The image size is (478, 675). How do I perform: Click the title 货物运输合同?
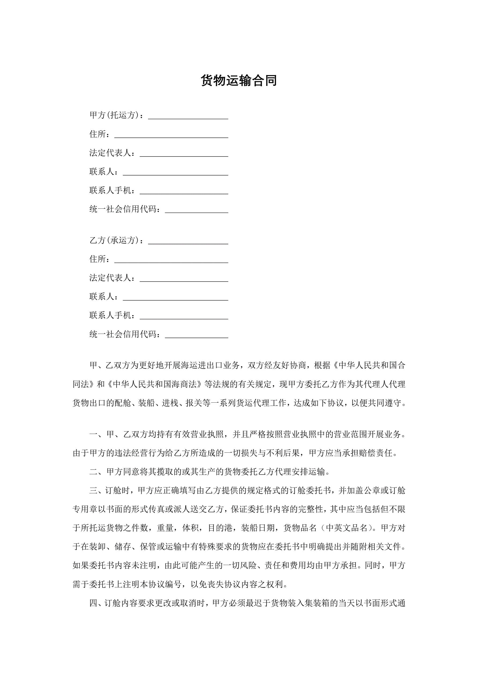pos(239,81)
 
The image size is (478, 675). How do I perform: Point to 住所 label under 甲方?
pos(98,134)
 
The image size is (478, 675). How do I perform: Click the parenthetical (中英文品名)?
pos(347,528)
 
